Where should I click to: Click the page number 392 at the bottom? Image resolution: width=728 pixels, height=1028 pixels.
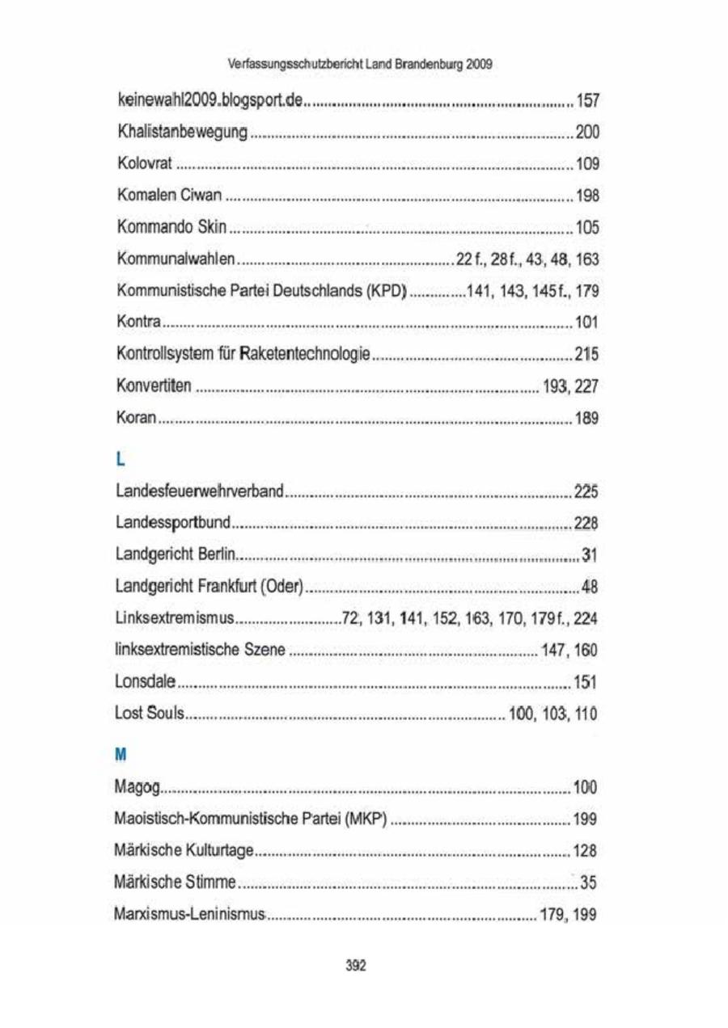tap(356, 966)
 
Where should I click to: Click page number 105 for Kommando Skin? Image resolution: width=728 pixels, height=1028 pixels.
tap(586, 228)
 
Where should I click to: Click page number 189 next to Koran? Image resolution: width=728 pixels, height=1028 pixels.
tap(586, 418)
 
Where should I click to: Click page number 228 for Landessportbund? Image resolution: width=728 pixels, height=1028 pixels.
tap(585, 523)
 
